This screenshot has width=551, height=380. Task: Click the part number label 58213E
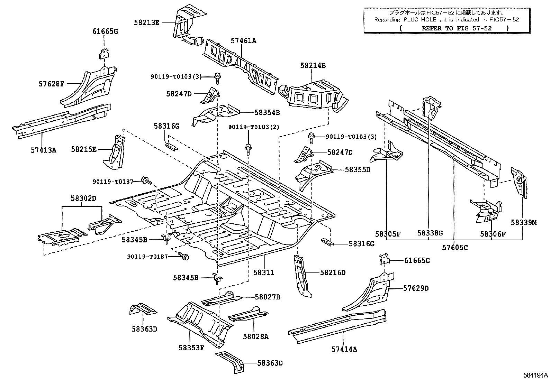pyautogui.click(x=147, y=23)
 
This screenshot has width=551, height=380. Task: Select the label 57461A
pyautogui.click(x=243, y=41)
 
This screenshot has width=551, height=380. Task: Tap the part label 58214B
pyautogui.click(x=313, y=66)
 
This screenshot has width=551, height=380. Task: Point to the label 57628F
pyautogui.click(x=52, y=84)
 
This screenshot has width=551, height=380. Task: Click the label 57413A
pyautogui.click(x=43, y=150)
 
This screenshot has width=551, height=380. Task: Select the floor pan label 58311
pyautogui.click(x=263, y=272)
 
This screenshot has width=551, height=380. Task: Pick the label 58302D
pyautogui.click(x=83, y=198)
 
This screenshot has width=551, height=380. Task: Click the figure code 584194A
pyautogui.click(x=535, y=375)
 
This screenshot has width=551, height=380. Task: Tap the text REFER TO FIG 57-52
pyautogui.click(x=456, y=28)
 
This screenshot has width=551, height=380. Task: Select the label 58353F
pyautogui.click(x=191, y=348)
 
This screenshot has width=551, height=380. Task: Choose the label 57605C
pyautogui.click(x=455, y=248)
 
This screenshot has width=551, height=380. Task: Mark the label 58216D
pyautogui.click(x=333, y=273)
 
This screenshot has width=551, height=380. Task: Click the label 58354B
pyautogui.click(x=267, y=112)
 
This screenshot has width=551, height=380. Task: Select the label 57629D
pyautogui.click(x=416, y=288)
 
